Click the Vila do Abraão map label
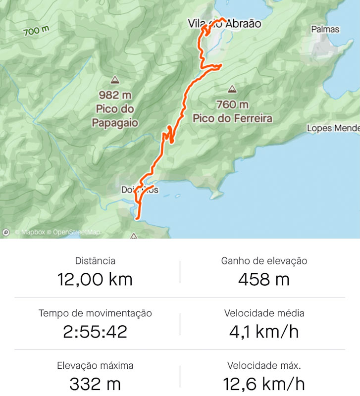224,23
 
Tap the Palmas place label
325,29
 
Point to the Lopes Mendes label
333,128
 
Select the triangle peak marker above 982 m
115,80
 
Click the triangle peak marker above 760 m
232,90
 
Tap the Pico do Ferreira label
232,118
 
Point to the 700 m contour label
36,31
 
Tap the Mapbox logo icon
6,232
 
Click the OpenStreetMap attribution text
76,232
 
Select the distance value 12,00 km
95,279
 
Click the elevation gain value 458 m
263,279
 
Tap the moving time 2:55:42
95,332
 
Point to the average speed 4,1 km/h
263,332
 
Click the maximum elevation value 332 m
95,384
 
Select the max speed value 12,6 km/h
263,384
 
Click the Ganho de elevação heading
264,261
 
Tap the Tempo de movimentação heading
95,313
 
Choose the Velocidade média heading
264,313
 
